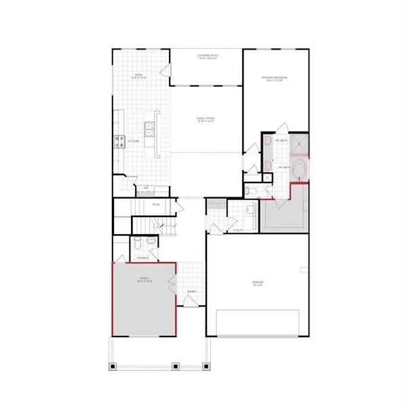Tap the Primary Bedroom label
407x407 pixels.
pyautogui.click(x=275, y=79)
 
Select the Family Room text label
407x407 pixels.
pyautogui.click(x=206, y=120)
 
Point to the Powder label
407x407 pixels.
pyautogui.click(x=142, y=258)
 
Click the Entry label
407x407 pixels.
pyautogui.click(x=191, y=292)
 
